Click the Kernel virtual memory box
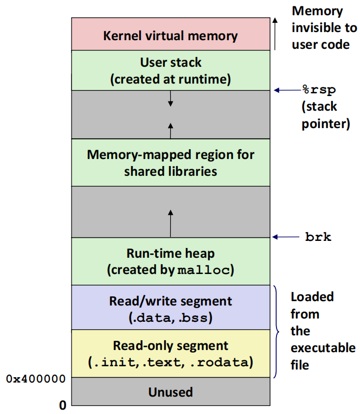tap(171, 34)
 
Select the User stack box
tap(171, 70)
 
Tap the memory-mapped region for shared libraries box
tap(171, 162)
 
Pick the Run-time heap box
tap(171, 261)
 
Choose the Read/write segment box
tap(171, 307)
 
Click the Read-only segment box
tap(171, 353)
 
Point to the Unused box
tap(171, 391)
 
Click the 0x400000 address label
tap(36, 379)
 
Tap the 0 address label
tap(62, 405)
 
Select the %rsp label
tap(319, 90)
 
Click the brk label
tap(318, 237)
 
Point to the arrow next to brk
tap(286, 237)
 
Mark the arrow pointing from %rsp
tap(288, 90)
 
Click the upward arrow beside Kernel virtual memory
tap(275, 34)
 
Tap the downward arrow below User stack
tap(171, 99)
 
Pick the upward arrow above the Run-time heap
tap(171, 224)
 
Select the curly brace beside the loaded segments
tap(276, 332)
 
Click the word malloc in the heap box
tap(204, 270)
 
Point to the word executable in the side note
tap(323, 348)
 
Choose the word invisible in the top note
tap(324, 28)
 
